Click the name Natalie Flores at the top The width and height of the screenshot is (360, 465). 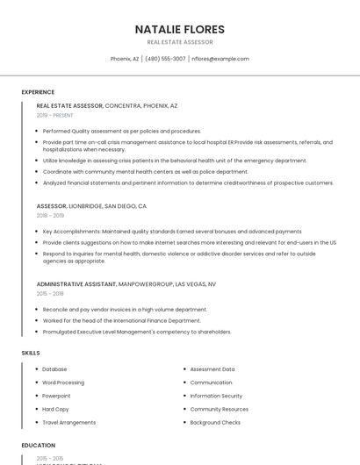pos(180,29)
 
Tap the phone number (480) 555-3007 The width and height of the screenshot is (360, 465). pos(165,59)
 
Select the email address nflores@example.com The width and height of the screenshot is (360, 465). pos(220,59)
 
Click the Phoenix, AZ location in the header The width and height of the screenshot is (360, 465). pos(125,59)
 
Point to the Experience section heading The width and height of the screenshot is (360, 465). pos(38,92)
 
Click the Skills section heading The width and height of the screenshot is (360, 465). pos(30,353)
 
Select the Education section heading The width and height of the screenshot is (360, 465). pos(38,446)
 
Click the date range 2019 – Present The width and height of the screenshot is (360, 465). pos(55,115)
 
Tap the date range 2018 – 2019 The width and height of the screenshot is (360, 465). pos(50,215)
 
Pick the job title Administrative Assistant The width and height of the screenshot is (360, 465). pos(76,284)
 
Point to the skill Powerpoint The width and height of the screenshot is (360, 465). pos(57,396)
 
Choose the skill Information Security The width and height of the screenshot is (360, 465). pos(216,396)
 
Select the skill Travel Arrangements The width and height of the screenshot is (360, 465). pos(69,422)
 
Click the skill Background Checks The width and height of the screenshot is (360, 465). pos(215,422)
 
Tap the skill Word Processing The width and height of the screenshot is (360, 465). pos(63,383)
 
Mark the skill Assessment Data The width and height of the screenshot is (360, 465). pos(212,369)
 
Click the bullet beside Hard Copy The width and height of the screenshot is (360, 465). pos(37,409)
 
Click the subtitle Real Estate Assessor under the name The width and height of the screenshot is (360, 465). pos(180,42)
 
